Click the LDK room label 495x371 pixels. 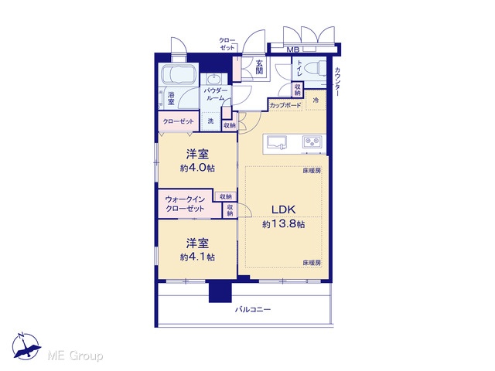(284, 209)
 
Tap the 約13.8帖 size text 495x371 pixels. (284, 224)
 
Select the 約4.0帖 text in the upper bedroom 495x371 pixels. (197, 168)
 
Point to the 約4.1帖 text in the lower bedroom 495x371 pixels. (197, 257)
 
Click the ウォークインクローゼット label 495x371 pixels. (185, 204)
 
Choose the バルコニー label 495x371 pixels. (253, 309)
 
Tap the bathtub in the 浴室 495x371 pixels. (179, 75)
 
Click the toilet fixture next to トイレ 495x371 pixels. (316, 68)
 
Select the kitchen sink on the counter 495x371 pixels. (277, 141)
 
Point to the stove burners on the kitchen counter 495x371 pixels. (312, 141)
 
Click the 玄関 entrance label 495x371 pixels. (259, 67)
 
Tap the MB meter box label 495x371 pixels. (292, 49)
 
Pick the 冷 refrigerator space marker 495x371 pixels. (316, 100)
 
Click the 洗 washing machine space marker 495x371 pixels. (210, 121)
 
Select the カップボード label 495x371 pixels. (285, 105)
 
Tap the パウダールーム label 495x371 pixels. (216, 94)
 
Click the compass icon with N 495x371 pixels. (26, 346)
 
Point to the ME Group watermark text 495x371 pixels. (75, 356)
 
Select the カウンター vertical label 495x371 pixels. (337, 82)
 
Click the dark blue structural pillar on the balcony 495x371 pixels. (220, 291)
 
